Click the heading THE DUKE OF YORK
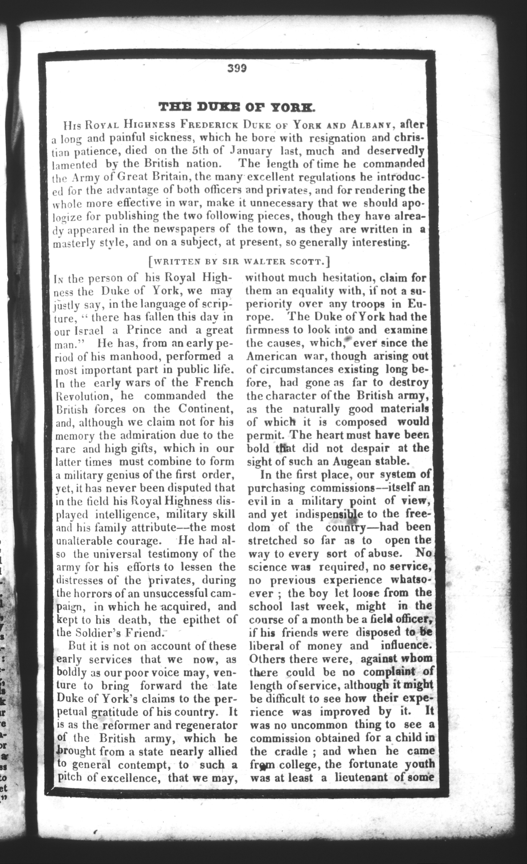237,106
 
